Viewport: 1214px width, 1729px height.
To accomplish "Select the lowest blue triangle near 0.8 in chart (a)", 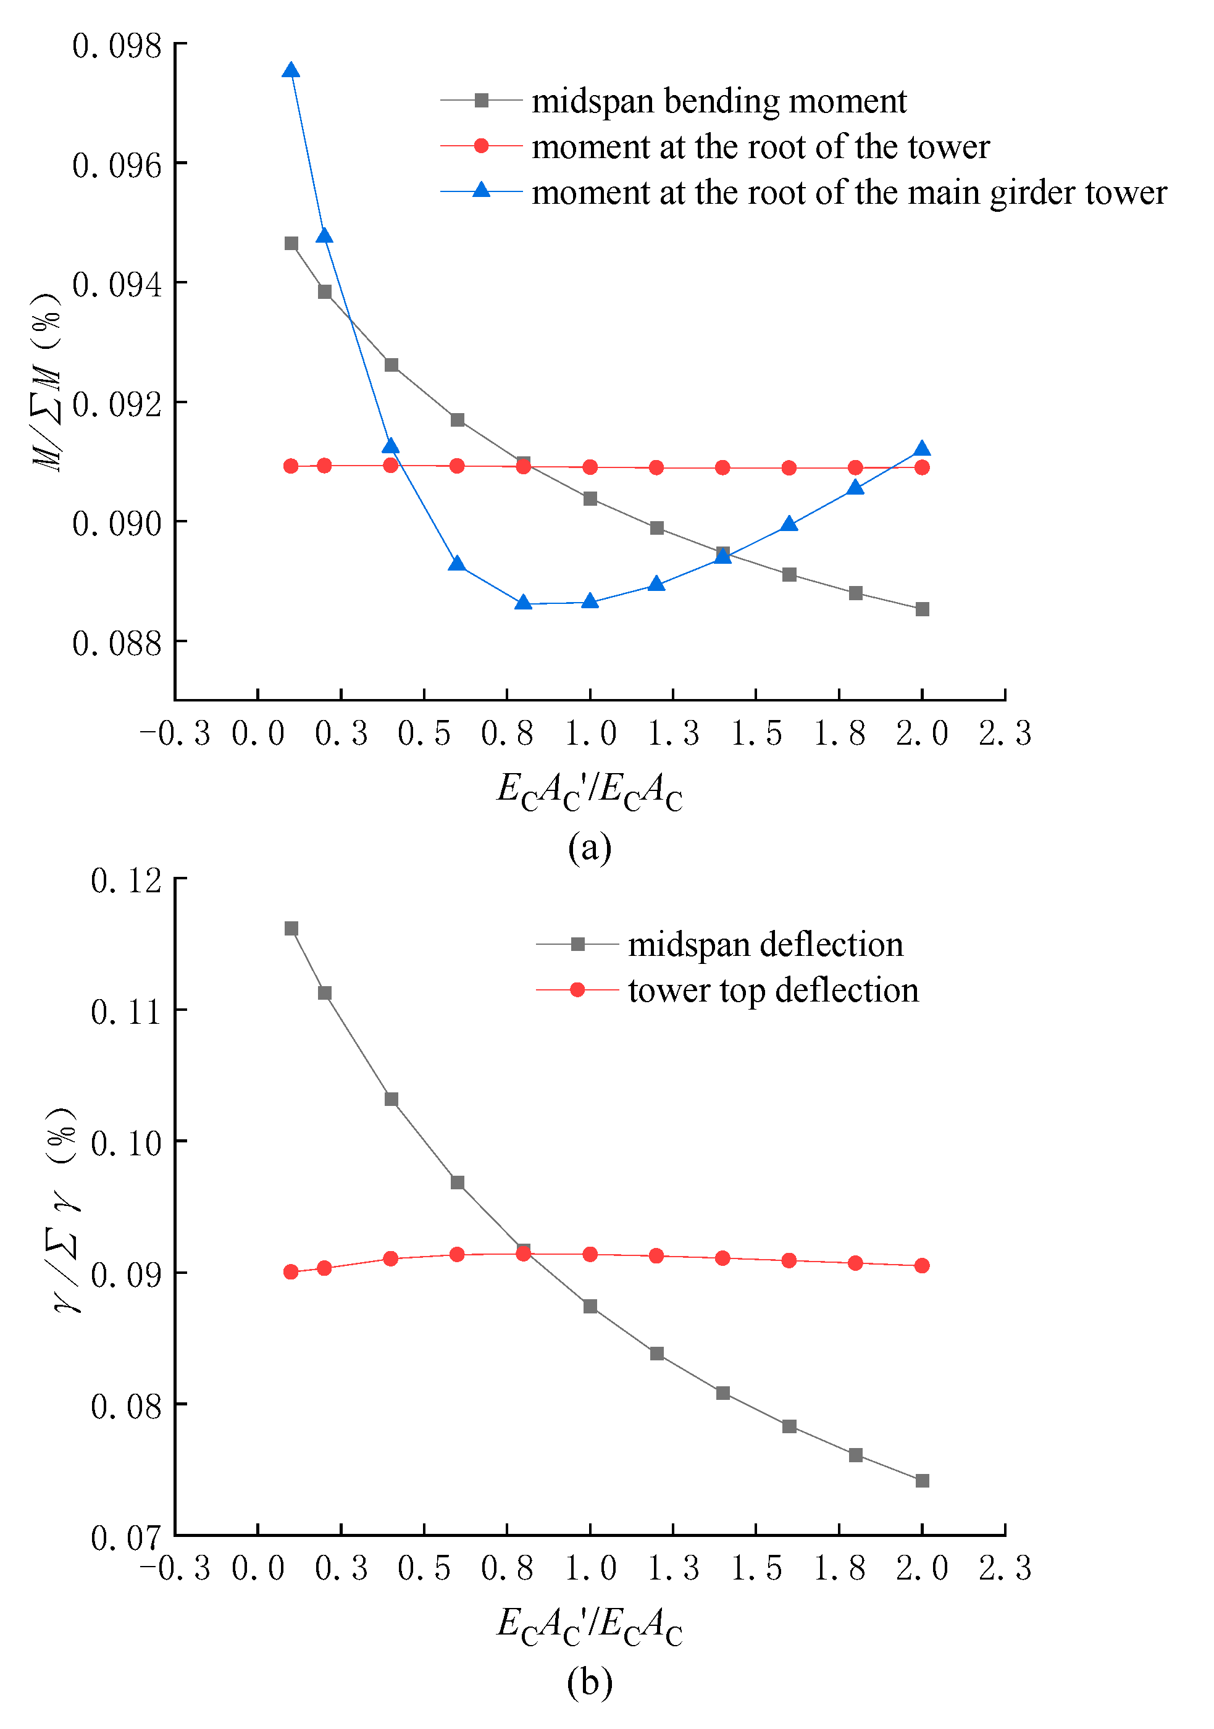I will (x=524, y=603).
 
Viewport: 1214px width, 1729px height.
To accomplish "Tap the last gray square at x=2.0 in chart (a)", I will (x=922, y=609).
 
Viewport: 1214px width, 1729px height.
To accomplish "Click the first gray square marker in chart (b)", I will (x=291, y=929).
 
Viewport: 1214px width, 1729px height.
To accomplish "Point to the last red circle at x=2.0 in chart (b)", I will (x=922, y=1266).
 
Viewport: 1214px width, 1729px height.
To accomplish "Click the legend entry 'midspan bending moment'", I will (x=719, y=101).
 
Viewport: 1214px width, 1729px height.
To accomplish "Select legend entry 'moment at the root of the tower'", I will (x=760, y=147).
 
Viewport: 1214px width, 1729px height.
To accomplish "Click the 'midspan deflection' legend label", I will (x=765, y=944).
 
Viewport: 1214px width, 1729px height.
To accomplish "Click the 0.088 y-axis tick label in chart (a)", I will (x=117, y=643).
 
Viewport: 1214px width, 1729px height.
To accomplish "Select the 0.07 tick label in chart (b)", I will (x=126, y=1538).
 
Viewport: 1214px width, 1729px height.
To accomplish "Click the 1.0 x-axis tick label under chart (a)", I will (x=590, y=734).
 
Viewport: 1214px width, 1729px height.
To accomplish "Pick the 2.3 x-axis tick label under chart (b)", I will (x=1005, y=1568).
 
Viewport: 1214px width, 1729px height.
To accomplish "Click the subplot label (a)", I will (x=590, y=847).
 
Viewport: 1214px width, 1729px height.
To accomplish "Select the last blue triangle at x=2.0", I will (x=922, y=450).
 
